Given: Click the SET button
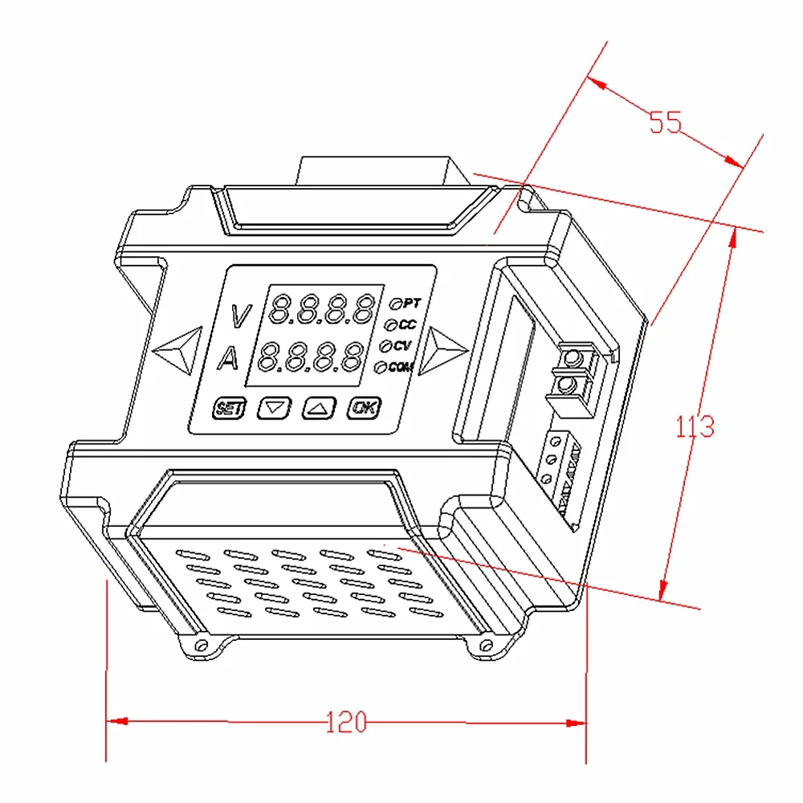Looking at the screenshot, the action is [x=229, y=408].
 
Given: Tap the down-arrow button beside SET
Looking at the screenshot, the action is [x=275, y=408].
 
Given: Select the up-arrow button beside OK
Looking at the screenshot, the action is [x=318, y=408].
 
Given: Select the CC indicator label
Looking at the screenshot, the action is [x=407, y=324].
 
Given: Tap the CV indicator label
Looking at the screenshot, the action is [x=403, y=346].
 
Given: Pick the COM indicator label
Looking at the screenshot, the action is [x=400, y=367].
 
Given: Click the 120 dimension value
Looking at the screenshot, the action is [x=346, y=722].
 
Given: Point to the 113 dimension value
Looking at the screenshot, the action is [x=694, y=426].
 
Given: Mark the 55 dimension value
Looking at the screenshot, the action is [x=665, y=122].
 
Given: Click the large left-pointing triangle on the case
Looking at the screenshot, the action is [x=175, y=349].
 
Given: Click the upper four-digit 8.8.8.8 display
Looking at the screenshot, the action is [x=323, y=309].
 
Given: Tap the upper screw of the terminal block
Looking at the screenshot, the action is [x=573, y=358].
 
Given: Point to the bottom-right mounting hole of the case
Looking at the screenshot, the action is [x=483, y=645].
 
